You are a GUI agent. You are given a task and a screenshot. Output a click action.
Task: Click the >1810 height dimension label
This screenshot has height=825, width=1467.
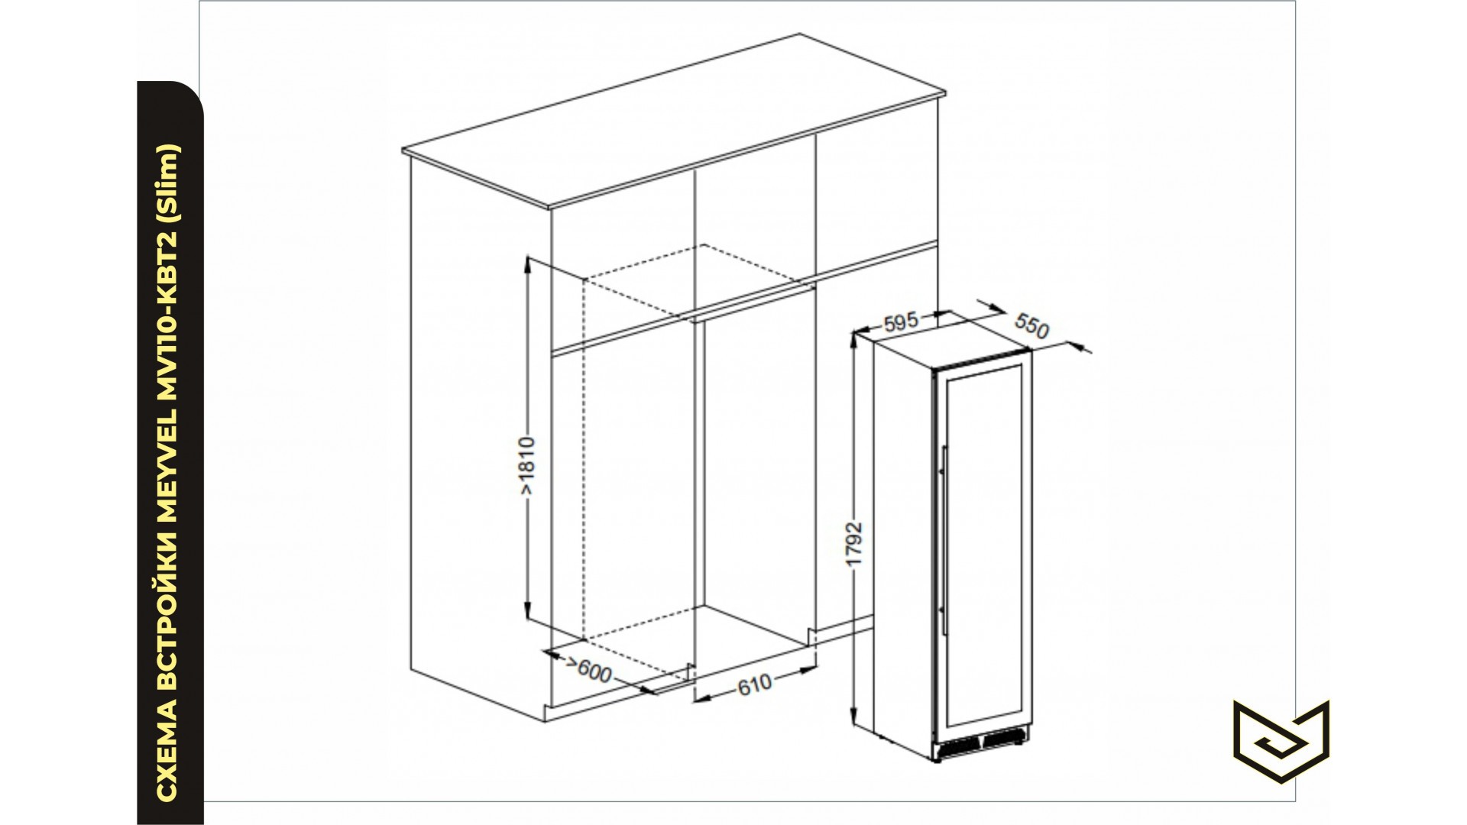pos(528,467)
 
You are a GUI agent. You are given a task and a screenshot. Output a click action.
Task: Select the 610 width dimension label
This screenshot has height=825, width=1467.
pos(754,684)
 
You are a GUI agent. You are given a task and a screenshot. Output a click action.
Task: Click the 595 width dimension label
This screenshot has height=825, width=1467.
pos(901,322)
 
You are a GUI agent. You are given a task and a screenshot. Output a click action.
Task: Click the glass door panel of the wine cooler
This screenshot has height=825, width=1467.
pos(982,542)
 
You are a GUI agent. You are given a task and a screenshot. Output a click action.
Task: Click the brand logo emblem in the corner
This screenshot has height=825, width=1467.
pos(1281,741)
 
